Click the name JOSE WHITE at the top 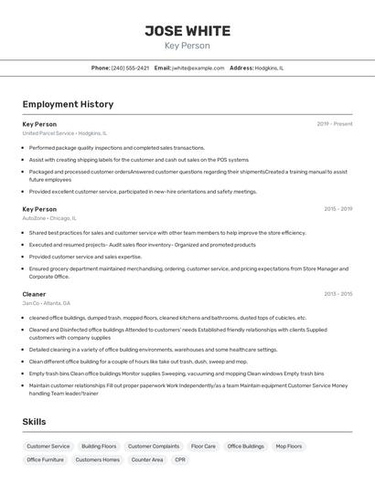tap(187, 31)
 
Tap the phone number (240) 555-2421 tap(130, 68)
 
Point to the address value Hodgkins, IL tap(269, 68)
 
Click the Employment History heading tap(68, 104)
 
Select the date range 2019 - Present tap(335, 123)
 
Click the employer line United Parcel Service tap(64, 132)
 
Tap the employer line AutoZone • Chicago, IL tap(49, 218)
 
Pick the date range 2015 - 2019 tap(337, 209)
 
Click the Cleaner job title tap(34, 294)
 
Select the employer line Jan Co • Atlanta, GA tap(46, 303)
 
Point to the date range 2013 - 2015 tap(337, 294)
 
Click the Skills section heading tap(35, 421)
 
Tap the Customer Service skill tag tap(48, 447)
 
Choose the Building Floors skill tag tap(99, 447)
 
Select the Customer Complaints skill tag tap(154, 447)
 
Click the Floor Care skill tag tap(203, 447)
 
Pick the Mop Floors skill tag tap(288, 447)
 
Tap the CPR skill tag tap(180, 459)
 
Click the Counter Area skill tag tap(147, 459)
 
